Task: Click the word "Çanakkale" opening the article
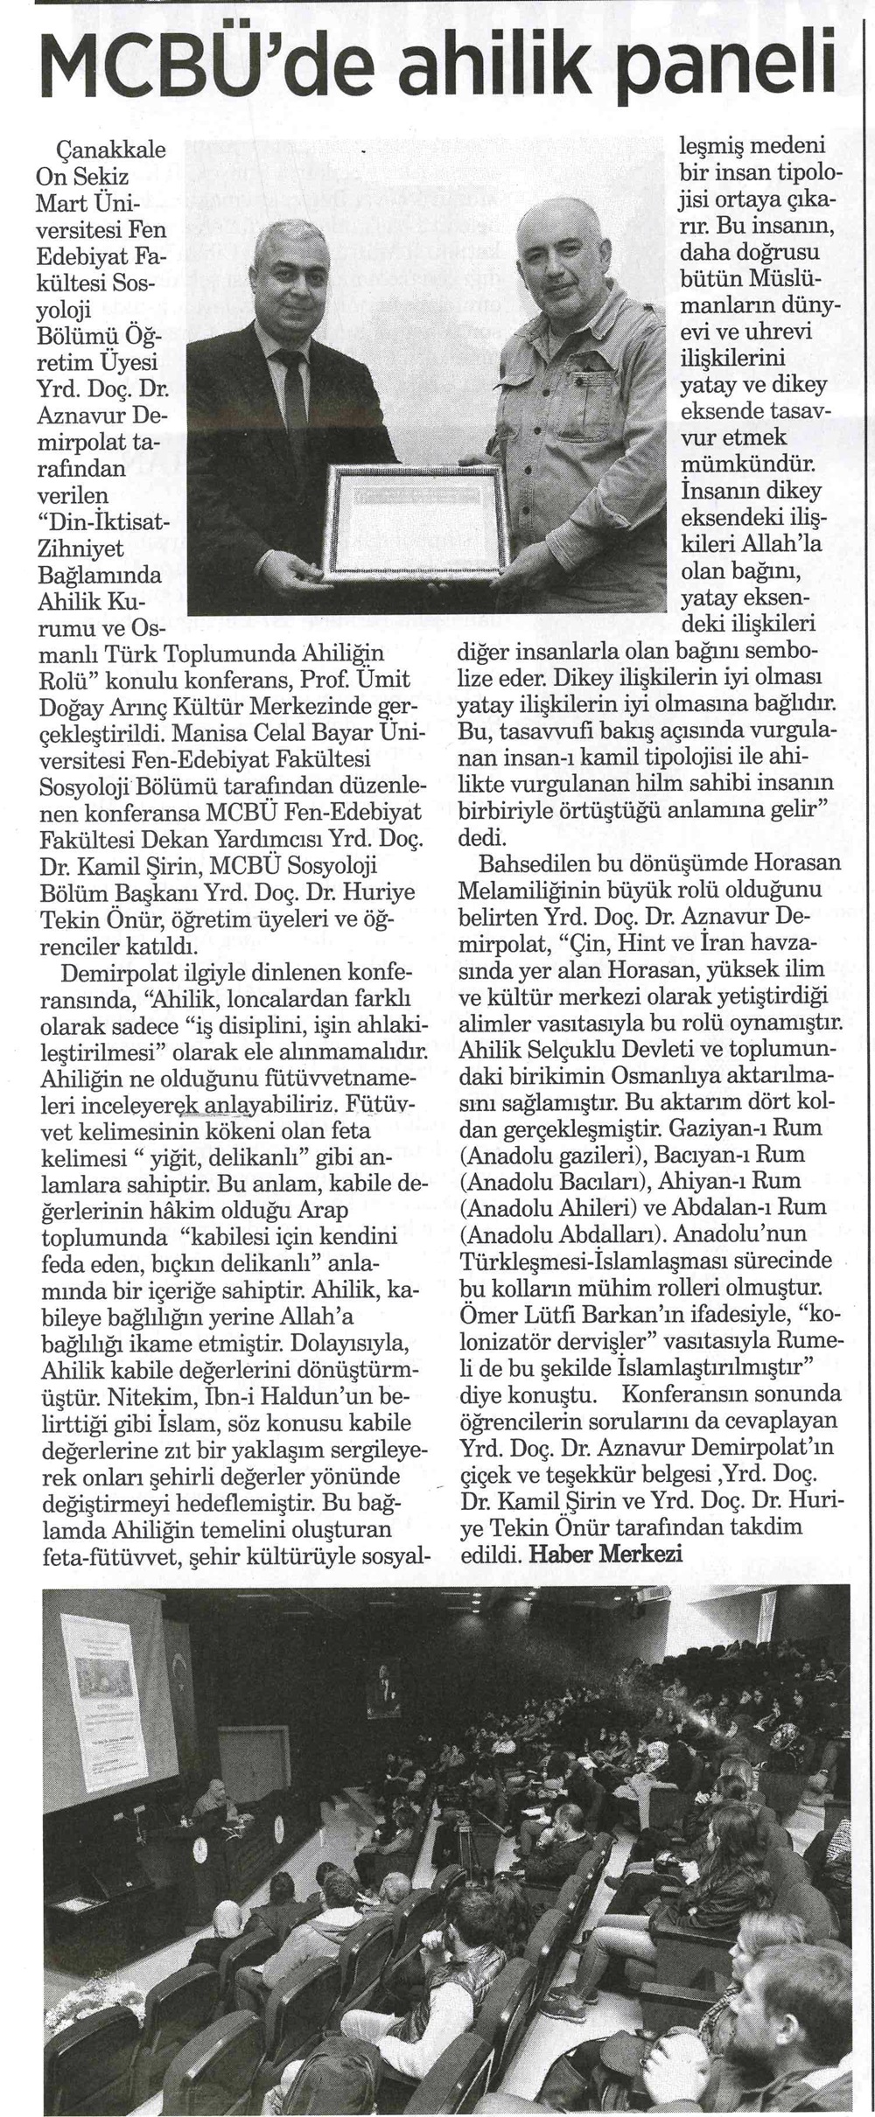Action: pos(101,150)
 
